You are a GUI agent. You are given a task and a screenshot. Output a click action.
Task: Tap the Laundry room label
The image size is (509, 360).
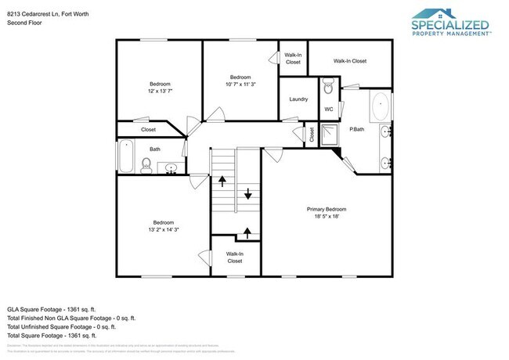point(298,99)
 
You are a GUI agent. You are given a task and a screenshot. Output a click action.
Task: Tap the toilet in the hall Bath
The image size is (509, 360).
point(146,164)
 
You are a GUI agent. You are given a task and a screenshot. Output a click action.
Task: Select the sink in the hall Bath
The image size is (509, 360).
point(171,167)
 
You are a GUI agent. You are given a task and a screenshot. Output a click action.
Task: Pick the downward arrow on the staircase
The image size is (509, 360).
point(249,195)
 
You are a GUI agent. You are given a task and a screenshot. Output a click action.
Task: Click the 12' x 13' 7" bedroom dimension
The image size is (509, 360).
point(160,92)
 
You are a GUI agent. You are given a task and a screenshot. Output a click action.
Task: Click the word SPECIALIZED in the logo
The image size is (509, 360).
point(450,25)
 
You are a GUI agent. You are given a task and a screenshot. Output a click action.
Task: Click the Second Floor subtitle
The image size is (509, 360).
point(24,23)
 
